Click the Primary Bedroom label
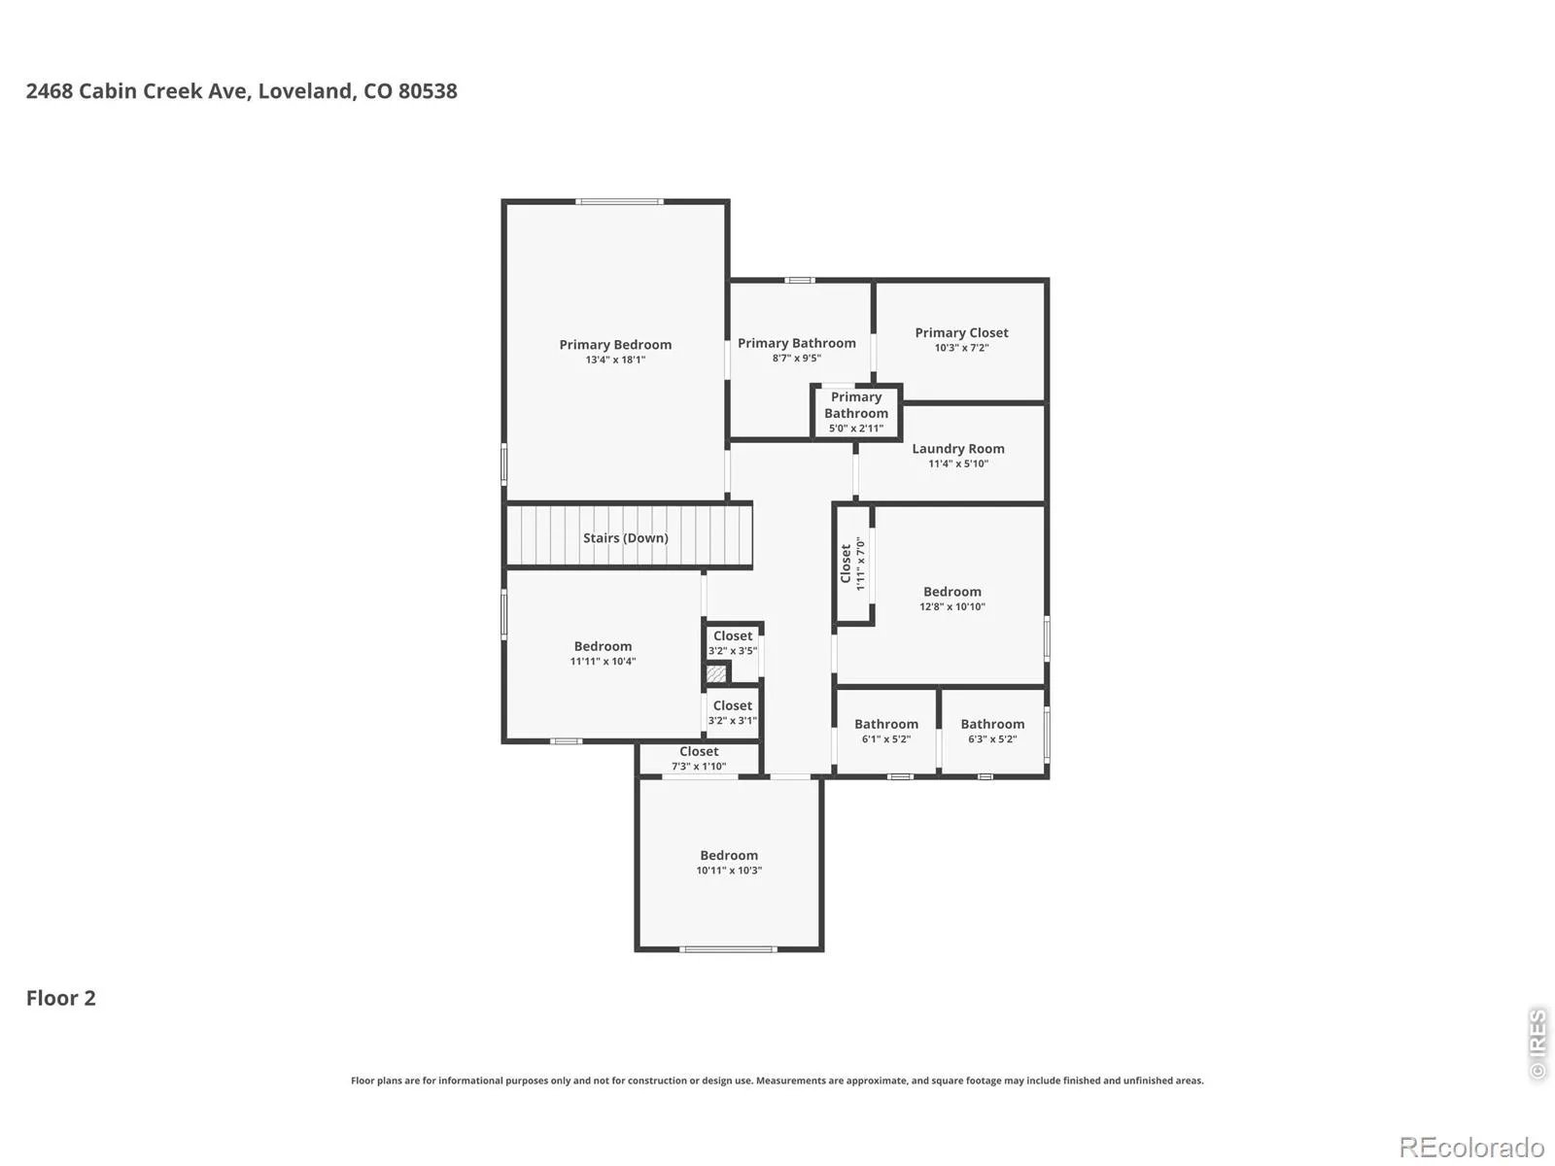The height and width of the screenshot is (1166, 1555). point(615,345)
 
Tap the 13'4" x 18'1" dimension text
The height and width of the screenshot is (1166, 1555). point(615,360)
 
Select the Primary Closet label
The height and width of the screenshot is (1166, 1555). point(961,332)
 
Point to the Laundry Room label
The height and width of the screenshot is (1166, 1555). point(958,449)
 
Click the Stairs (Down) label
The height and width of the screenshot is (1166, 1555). point(626,538)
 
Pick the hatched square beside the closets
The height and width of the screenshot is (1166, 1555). point(716,672)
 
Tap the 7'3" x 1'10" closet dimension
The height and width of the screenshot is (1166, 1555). point(699,766)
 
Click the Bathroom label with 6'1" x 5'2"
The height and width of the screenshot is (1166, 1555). point(886,724)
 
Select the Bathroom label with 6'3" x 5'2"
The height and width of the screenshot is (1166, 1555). point(992,724)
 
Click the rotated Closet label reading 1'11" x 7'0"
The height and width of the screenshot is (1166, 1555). point(846,564)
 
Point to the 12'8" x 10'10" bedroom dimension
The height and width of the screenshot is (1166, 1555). point(952,606)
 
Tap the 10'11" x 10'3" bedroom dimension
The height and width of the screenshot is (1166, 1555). point(729,870)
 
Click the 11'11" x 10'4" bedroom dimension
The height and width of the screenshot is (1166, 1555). point(603,662)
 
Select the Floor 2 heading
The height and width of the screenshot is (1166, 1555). point(61,998)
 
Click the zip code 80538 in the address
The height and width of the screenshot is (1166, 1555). point(428,91)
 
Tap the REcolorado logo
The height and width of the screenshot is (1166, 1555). point(1471,1147)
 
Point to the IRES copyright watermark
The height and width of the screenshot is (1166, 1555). point(1537,1045)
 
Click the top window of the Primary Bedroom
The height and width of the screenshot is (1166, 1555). point(619,202)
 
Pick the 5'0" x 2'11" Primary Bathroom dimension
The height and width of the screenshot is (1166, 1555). point(856,429)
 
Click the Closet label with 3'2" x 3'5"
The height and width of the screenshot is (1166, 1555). point(733,635)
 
